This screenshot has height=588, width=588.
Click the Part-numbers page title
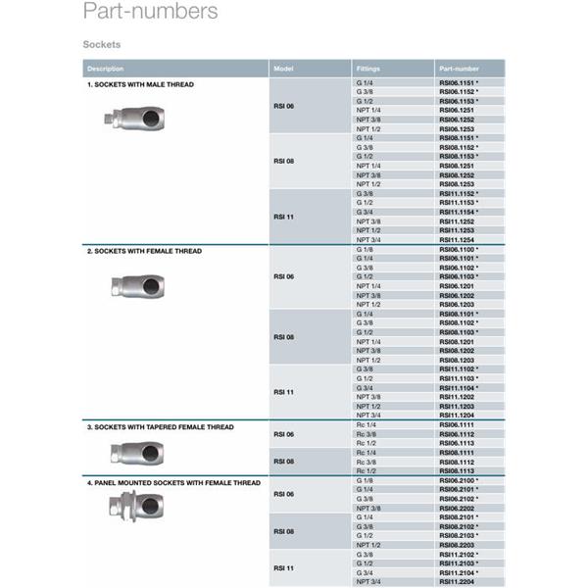(x=150, y=13)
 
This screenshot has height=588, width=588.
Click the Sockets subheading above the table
(x=102, y=45)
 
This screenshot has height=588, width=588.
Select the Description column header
(x=106, y=69)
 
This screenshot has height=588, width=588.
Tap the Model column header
(x=284, y=69)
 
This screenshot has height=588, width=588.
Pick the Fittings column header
(x=367, y=69)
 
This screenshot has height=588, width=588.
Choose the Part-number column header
(x=459, y=69)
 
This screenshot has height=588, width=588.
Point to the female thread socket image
(x=137, y=287)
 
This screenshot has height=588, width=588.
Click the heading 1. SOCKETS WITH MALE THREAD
(x=141, y=85)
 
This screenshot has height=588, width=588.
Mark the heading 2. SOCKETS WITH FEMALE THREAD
(x=145, y=252)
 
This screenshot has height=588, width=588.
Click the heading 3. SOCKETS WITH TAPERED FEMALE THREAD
(x=161, y=427)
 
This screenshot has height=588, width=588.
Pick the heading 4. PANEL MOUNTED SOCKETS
(x=173, y=483)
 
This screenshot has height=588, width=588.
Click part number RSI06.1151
(x=456, y=84)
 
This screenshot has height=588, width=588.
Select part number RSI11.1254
(x=456, y=240)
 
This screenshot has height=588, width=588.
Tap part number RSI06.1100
(x=456, y=250)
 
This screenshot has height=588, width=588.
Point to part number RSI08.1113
(x=456, y=470)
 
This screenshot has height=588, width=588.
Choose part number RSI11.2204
(x=456, y=582)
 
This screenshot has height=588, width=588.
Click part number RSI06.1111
(x=456, y=424)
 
